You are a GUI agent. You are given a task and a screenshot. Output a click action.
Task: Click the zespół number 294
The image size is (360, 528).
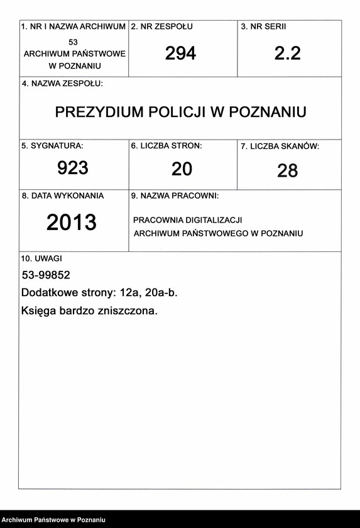180,53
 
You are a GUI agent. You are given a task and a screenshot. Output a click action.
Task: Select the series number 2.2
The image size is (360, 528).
288,53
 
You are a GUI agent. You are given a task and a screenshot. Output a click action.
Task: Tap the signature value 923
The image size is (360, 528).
73,168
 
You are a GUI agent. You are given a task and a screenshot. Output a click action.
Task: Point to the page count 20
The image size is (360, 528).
182,168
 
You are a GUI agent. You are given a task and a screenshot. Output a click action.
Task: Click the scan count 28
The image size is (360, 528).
287,170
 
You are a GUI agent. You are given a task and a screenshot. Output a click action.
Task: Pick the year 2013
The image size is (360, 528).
72,222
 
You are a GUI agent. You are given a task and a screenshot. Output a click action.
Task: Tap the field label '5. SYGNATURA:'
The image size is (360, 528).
52,146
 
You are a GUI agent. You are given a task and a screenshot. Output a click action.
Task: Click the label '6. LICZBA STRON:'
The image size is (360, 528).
166,146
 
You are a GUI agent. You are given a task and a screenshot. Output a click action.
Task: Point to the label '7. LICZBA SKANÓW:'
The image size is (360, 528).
280,146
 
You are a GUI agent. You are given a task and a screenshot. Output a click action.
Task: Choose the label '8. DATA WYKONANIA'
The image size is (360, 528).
63,195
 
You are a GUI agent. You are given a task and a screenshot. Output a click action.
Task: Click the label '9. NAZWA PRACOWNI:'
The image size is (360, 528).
175,196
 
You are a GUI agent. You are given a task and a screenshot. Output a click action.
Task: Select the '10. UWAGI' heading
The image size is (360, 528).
42,258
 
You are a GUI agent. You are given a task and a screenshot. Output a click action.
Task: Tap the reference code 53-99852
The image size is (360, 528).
46,275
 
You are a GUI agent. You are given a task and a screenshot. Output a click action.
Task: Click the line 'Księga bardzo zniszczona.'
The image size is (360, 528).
89,311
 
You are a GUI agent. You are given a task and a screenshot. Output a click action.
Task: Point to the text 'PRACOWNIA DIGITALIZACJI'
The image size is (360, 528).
187,220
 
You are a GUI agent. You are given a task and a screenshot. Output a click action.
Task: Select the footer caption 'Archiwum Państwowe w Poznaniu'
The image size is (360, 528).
53,520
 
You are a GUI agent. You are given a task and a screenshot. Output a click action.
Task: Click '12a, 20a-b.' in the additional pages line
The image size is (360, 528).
150,293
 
